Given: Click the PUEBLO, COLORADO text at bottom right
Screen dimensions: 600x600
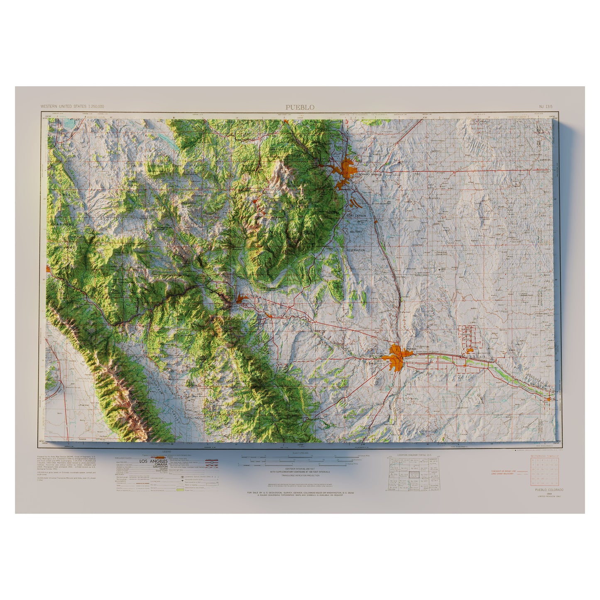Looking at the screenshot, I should coord(547,490).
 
